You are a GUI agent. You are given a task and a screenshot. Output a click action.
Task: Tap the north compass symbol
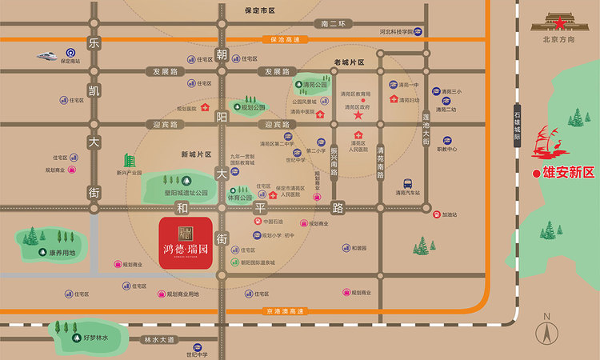547,328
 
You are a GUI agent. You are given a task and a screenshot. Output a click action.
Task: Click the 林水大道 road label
158,340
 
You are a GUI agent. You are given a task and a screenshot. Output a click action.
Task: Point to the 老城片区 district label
349,62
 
